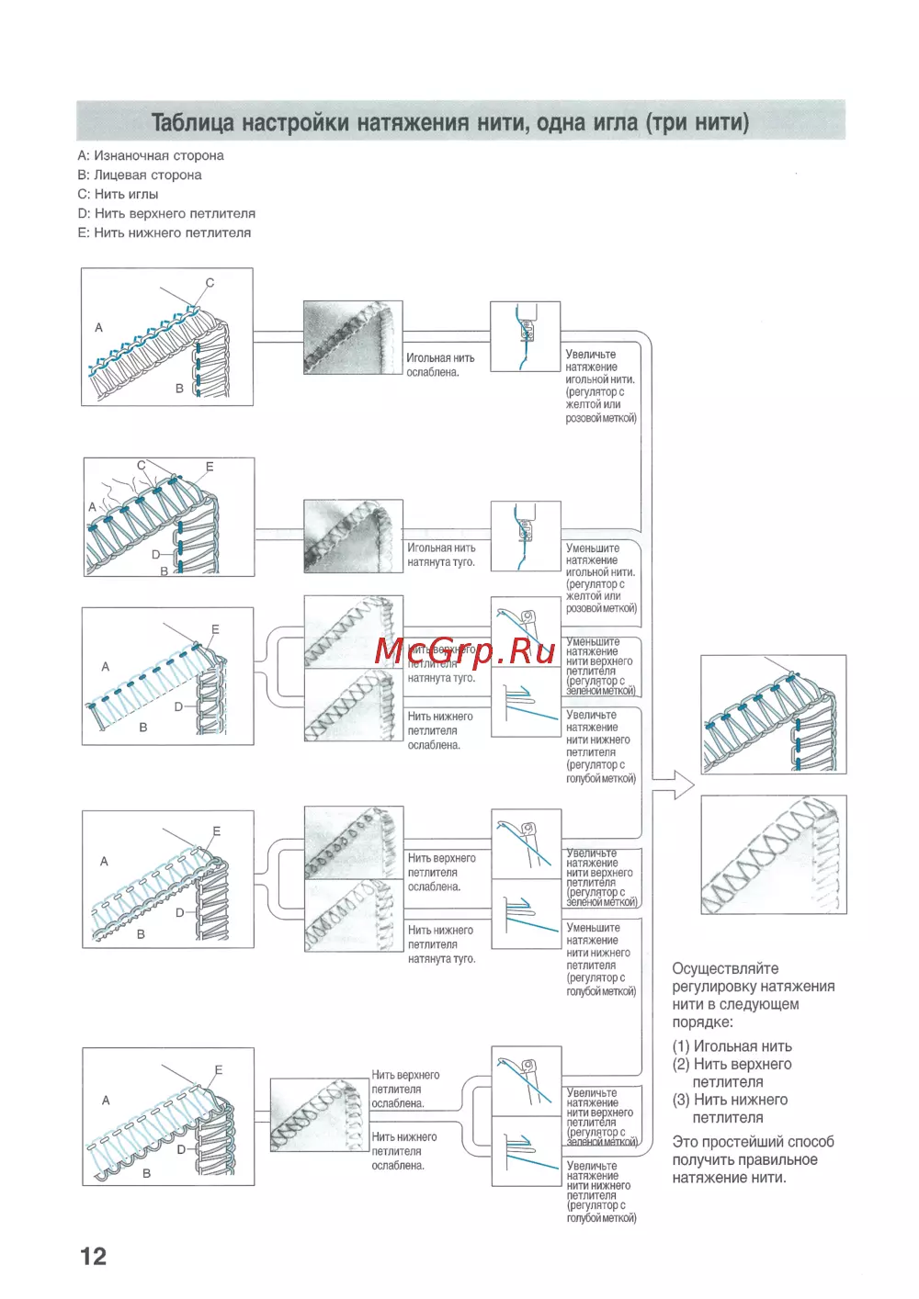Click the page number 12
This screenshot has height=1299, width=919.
(93, 1256)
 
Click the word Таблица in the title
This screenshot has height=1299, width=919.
(192, 122)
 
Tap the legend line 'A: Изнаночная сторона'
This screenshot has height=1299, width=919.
(151, 156)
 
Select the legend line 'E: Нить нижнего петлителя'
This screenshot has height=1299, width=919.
(164, 233)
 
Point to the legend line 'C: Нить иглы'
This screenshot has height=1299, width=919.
(118, 195)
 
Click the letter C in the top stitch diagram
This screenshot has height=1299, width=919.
(210, 283)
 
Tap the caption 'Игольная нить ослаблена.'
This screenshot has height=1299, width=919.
(440, 365)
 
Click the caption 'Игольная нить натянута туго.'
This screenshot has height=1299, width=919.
(441, 555)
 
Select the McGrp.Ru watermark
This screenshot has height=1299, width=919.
(465, 650)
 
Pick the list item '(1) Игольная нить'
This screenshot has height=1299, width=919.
(732, 1046)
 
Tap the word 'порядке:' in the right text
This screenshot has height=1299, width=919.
(702, 1022)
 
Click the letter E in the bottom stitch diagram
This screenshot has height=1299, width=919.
(219, 1070)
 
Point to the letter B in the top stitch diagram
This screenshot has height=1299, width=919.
(179, 389)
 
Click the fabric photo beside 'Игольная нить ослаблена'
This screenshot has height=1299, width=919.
(353, 336)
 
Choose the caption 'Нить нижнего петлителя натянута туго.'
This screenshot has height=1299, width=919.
(441, 944)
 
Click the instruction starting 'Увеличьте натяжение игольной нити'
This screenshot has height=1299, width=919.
(600, 386)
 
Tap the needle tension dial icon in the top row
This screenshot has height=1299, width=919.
(525, 336)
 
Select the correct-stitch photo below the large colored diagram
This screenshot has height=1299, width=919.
(773, 854)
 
